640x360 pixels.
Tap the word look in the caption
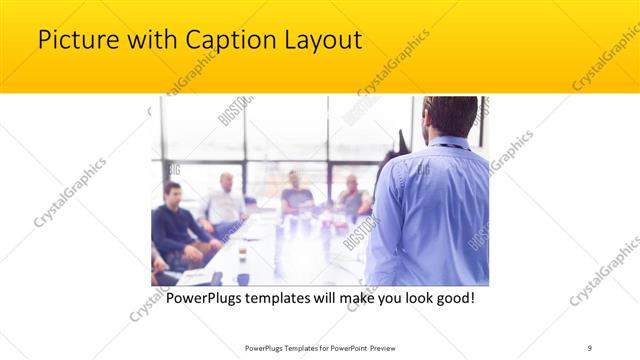[408, 298]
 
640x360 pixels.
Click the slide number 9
[590, 347]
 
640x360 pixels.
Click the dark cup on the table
[243, 278]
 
